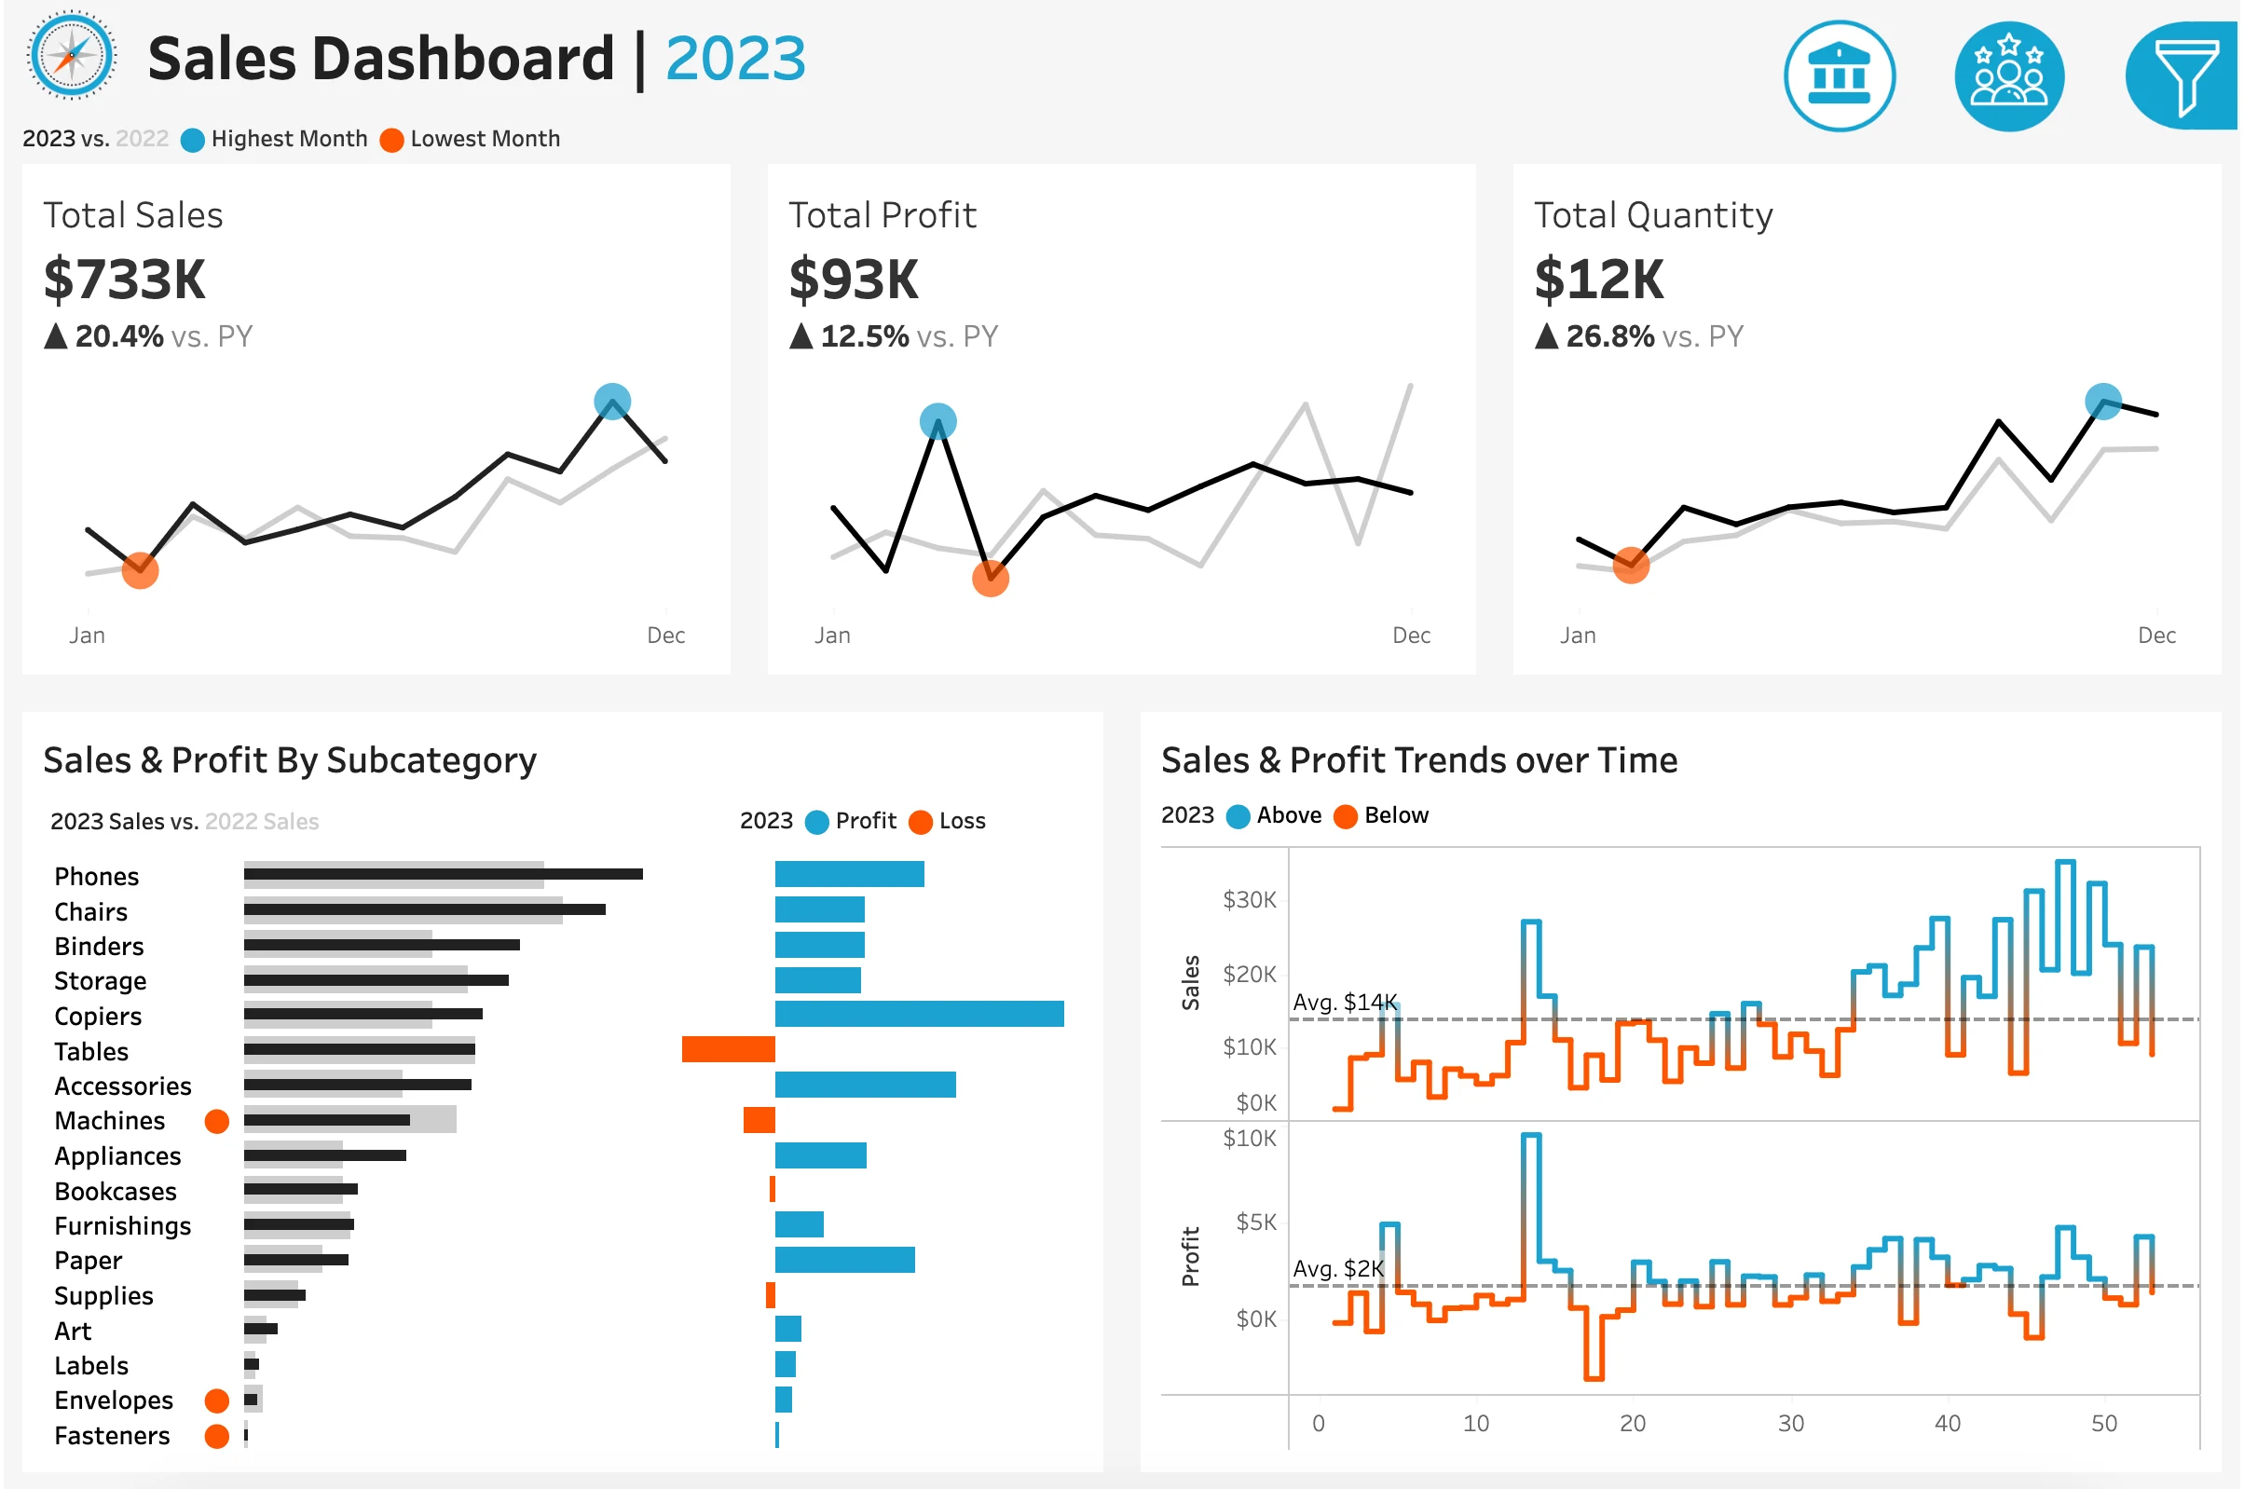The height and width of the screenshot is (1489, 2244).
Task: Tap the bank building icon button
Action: pos(1839,76)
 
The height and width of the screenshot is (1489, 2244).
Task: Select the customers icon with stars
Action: pos(2008,76)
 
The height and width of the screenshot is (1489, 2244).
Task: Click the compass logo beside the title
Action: pos(72,55)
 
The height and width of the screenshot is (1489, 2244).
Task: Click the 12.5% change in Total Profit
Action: pos(864,336)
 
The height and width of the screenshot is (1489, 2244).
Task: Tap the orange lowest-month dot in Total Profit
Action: pos(991,578)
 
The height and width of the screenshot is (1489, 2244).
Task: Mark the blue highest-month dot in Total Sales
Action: pos(612,402)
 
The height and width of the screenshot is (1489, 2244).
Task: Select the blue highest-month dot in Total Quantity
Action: pos(2102,401)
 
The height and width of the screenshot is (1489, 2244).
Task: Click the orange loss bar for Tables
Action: pos(729,1049)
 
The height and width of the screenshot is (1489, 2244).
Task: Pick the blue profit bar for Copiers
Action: pos(919,1014)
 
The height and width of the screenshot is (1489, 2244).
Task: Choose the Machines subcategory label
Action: pos(110,1122)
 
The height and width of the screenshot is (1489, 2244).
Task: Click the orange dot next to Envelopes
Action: pos(217,1400)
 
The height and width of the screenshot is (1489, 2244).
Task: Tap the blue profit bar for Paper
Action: pos(844,1260)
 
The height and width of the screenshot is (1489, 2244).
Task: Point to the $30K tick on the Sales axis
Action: pos(1249,899)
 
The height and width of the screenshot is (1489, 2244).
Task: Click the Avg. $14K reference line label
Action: pos(1345,1003)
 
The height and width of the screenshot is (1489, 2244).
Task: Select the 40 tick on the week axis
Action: pos(1947,1424)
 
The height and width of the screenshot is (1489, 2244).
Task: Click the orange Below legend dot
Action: pos(1345,816)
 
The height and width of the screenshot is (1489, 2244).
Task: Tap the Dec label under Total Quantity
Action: pos(2155,635)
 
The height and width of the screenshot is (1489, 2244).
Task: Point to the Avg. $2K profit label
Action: pos(1338,1270)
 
